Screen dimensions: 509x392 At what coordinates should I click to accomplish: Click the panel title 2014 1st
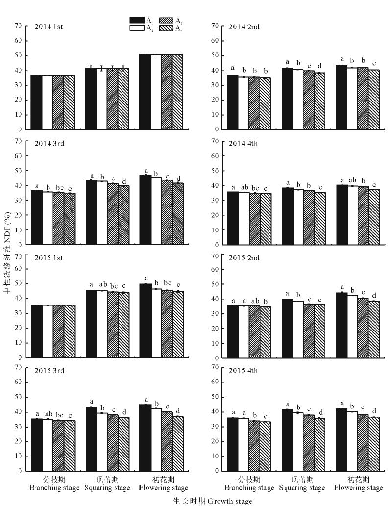point(49,26)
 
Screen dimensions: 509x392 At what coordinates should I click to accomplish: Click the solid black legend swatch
point(136,20)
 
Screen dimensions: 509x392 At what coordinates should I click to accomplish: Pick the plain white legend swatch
point(136,28)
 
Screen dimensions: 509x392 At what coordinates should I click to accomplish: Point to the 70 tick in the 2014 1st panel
point(18,25)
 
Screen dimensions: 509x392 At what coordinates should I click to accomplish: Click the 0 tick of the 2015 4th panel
point(214,471)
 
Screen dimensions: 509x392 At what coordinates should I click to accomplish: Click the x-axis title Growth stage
point(213,501)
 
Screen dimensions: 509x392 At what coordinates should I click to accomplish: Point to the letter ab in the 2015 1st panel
point(102,285)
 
